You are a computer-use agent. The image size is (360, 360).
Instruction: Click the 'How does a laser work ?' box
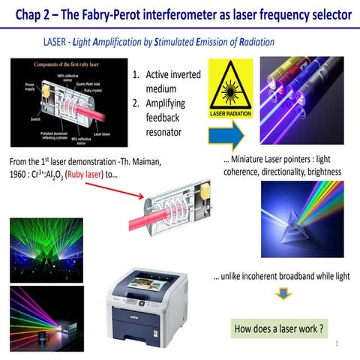point(279,328)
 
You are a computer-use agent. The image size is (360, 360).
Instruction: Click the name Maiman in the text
point(159,161)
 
